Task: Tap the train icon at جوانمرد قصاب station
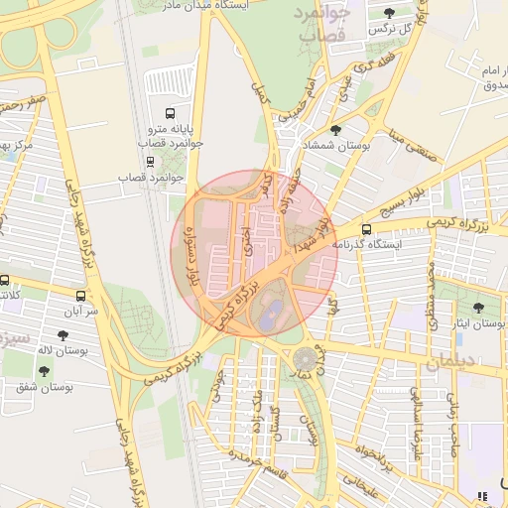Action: click(150, 161)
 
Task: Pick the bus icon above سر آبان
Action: click(80, 296)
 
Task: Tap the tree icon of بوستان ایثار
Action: click(479, 309)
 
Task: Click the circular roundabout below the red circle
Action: click(305, 357)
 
